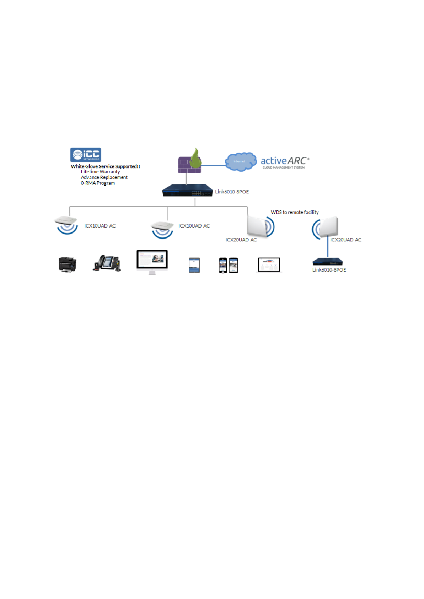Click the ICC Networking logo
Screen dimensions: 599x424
86,155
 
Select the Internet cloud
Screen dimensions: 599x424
241,162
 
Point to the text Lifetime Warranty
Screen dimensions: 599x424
100,172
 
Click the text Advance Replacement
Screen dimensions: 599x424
104,177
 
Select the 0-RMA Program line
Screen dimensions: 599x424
98,183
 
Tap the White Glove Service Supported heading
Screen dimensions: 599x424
105,166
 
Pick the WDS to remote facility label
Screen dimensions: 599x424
295,212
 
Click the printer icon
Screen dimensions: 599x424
67,264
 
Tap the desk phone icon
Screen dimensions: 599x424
107,263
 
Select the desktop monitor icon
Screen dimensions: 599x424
152,262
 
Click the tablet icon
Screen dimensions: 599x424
194,265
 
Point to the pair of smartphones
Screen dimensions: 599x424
228,265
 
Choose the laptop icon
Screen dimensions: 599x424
269,265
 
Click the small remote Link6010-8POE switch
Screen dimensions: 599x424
327,262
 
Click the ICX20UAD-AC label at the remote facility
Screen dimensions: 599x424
345,240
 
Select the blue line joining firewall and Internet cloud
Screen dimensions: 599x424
213,165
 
